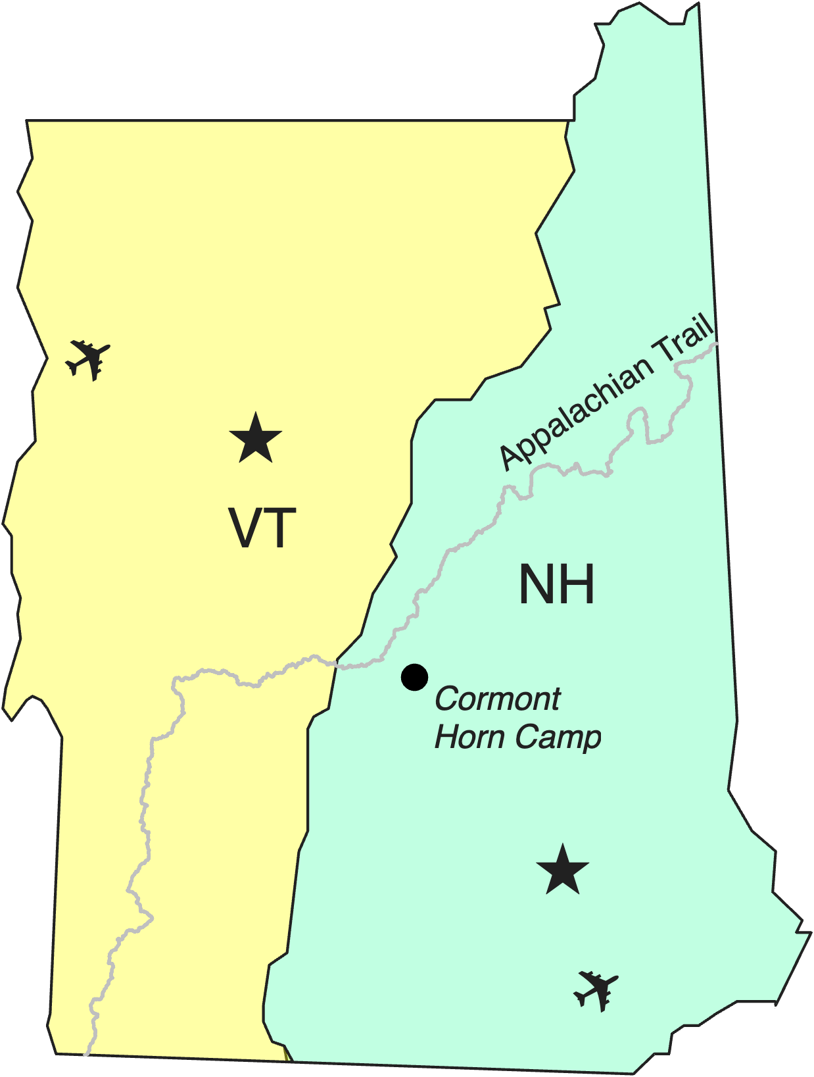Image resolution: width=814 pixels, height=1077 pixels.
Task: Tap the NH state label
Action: (557, 584)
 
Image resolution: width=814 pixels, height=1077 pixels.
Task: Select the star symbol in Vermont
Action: (256, 438)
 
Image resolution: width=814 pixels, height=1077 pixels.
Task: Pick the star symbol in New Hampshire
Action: (562, 870)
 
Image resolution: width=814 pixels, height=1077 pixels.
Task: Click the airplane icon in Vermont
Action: (88, 359)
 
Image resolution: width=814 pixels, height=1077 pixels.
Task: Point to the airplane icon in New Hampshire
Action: (596, 989)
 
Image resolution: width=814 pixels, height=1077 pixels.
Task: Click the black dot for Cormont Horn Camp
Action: (414, 677)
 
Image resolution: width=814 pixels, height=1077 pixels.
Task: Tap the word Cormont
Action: (498, 699)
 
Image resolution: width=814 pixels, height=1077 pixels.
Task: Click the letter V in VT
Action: (244, 528)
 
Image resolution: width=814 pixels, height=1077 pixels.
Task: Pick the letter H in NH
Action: (578, 584)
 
